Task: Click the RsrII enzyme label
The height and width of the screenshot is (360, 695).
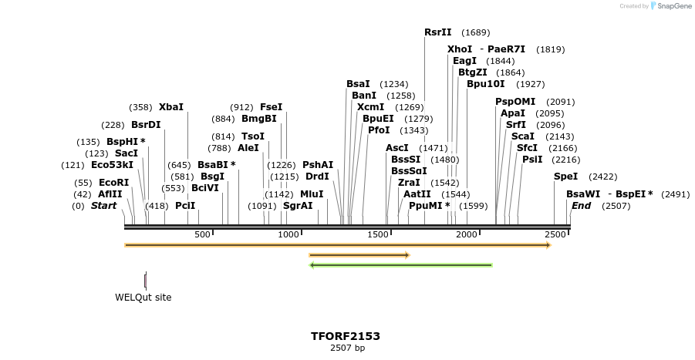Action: tap(437, 32)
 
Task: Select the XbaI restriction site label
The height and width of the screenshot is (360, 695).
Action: tap(171, 107)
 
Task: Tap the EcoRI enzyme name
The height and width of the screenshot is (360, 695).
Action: tap(113, 183)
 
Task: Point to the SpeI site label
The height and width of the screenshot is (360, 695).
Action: tap(565, 177)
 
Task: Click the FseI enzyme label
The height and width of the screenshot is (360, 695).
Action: tap(271, 107)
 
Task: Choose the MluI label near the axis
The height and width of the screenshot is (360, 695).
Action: tap(312, 194)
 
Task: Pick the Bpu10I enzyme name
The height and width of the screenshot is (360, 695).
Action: tap(485, 84)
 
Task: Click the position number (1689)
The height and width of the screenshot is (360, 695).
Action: tap(475, 32)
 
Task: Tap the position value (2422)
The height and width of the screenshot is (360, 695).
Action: tap(602, 177)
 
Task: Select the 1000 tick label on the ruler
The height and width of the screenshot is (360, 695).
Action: tap(288, 234)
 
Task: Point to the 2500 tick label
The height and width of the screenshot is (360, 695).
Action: tap(555, 234)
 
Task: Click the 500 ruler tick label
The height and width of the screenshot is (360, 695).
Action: tap(202, 234)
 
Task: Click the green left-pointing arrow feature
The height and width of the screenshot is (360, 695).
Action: tap(400, 265)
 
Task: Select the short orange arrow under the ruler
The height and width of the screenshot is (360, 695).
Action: tap(359, 254)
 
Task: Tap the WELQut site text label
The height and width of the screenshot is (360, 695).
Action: tap(143, 298)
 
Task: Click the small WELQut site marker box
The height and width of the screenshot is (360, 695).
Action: tap(145, 281)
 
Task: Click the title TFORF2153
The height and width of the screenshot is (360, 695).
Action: tap(346, 336)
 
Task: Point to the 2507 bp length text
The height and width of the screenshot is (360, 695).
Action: tap(347, 348)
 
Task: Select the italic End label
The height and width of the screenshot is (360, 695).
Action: tap(581, 206)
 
